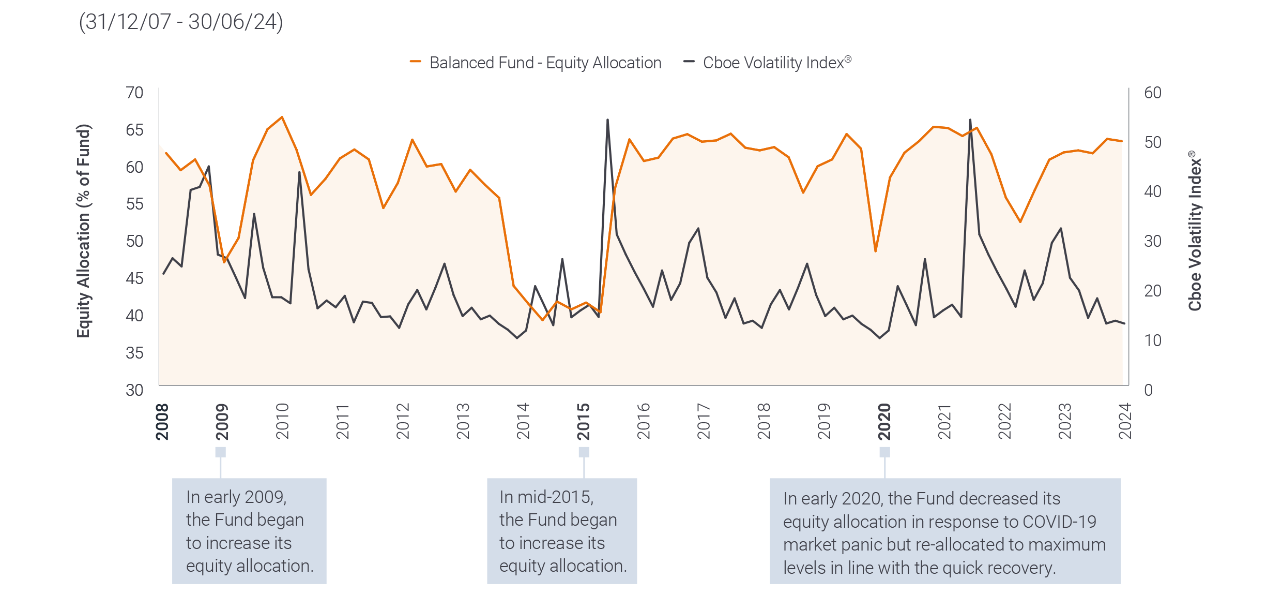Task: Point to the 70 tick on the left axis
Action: point(134,93)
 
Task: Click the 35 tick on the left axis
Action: point(134,353)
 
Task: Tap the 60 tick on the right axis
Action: point(1152,93)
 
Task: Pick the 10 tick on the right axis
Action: point(1152,340)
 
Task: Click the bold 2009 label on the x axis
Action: point(221,422)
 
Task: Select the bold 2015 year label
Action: point(583,422)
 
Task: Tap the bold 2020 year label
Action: point(884,422)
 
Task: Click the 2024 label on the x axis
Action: point(1125,422)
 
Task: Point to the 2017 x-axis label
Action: point(704,422)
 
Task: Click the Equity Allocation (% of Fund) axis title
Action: point(84,231)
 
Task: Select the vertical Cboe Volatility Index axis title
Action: point(1194,231)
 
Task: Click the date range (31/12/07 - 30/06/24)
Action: point(181,22)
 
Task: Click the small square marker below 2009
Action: point(221,452)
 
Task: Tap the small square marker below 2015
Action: point(584,452)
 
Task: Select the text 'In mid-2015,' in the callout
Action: point(546,497)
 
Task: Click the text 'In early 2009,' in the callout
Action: point(236,497)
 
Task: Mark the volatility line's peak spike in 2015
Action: point(607,120)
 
